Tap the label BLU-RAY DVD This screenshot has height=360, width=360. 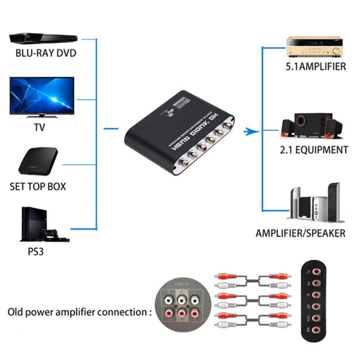46,53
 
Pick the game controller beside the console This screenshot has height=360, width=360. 50,234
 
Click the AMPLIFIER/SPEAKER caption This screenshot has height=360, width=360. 301,233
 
